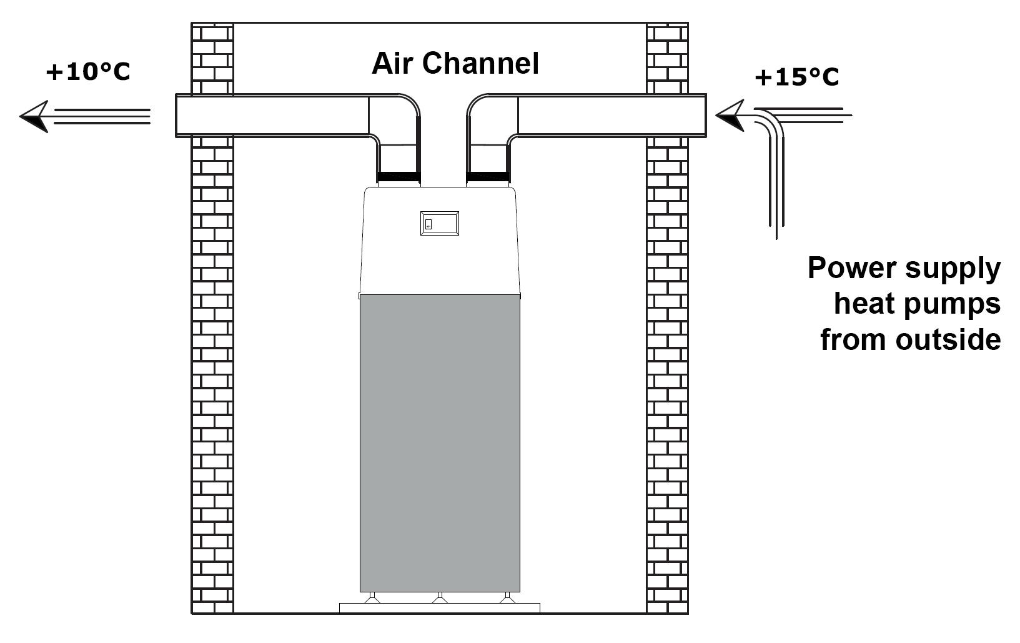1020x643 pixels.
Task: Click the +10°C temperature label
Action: (88, 72)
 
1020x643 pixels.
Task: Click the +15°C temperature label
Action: (797, 77)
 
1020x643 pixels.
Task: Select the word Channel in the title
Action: (481, 63)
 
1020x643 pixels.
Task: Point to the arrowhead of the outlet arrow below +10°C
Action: (34, 116)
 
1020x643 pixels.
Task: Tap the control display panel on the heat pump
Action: (440, 223)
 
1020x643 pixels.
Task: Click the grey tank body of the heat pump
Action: (440, 443)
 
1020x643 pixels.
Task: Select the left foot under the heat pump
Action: (372, 598)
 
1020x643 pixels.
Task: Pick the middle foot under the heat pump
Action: (440, 598)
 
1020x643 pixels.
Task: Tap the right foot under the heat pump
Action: (507, 598)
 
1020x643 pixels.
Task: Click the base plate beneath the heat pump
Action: (440, 609)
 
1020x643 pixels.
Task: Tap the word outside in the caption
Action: (948, 339)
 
